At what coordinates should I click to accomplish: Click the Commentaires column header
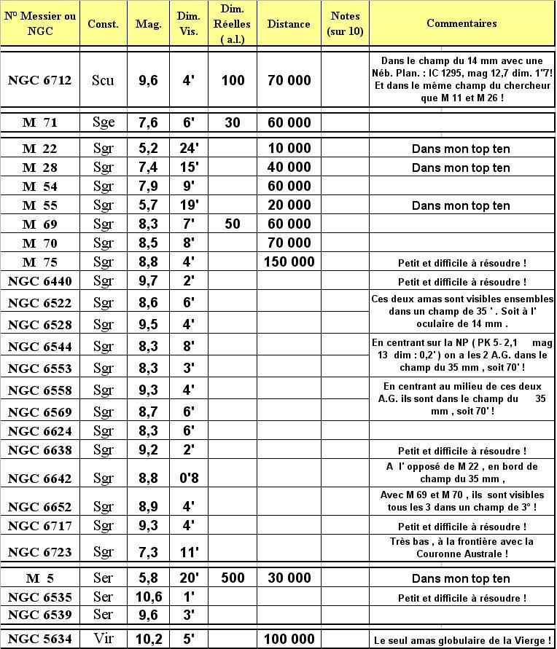click(x=461, y=23)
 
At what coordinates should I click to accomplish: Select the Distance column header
click(x=289, y=24)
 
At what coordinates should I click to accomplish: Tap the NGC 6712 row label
click(x=40, y=80)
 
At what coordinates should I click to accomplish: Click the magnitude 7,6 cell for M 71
click(x=148, y=122)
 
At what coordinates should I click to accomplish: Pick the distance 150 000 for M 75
click(x=289, y=262)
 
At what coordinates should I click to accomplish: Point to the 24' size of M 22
click(x=189, y=149)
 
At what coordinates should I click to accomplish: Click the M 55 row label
click(x=40, y=205)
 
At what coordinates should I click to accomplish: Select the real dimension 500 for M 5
click(x=233, y=579)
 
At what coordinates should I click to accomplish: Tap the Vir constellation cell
click(x=104, y=639)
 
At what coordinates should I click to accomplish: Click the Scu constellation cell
click(x=104, y=80)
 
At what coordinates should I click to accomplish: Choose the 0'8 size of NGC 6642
click(x=189, y=478)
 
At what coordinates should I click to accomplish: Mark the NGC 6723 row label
click(x=40, y=552)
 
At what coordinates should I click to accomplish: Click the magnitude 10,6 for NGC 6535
click(x=148, y=597)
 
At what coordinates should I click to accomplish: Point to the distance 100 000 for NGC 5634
click(x=289, y=639)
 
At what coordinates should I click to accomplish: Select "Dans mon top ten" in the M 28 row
click(x=461, y=168)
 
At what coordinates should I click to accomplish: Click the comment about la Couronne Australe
click(x=462, y=548)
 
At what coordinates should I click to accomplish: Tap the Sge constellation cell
click(x=104, y=122)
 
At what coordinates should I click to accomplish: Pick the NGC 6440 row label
click(x=40, y=281)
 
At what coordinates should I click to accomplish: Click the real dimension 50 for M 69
click(x=233, y=224)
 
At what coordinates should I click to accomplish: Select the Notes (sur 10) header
click(x=346, y=24)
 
